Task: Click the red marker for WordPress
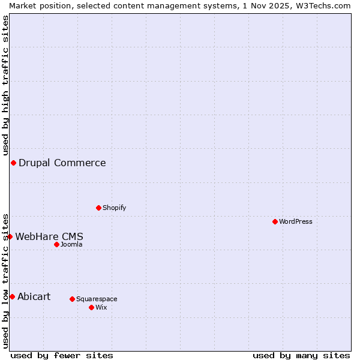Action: tap(275, 221)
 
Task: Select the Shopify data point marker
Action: tap(98, 208)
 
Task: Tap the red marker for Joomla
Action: tap(56, 244)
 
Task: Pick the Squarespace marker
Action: tap(72, 299)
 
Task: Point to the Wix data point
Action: tap(91, 307)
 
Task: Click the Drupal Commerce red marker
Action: tap(13, 163)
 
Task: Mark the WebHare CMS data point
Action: tap(10, 236)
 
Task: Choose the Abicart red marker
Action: tap(12, 296)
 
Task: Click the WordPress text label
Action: tap(296, 221)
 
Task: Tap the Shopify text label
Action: tap(114, 208)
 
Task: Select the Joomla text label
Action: tap(71, 244)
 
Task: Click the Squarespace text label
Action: tap(97, 299)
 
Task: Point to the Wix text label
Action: tap(101, 307)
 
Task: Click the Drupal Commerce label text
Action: tap(62, 163)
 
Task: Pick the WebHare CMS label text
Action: tap(49, 236)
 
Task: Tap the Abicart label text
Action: tap(34, 296)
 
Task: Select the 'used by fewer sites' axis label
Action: tap(62, 355)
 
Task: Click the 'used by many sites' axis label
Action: tap(301, 355)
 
